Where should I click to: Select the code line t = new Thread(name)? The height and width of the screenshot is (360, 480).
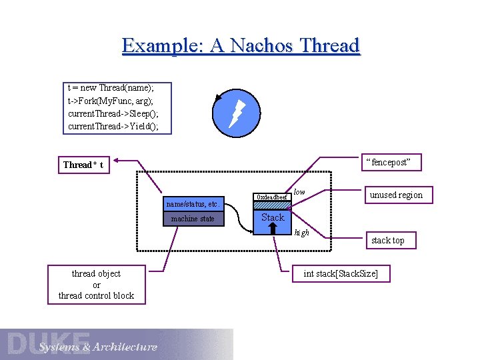tap(110, 88)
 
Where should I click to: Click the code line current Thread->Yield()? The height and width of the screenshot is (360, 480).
tap(113, 126)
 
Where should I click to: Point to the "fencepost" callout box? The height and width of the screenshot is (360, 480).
tap(391, 162)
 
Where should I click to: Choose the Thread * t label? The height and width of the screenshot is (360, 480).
tap(83, 165)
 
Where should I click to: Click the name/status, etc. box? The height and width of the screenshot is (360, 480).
tap(192, 203)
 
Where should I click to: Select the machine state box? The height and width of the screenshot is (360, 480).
tap(192, 219)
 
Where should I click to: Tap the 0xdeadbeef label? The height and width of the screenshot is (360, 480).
tap(273, 197)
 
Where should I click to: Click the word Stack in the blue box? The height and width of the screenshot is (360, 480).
tap(273, 217)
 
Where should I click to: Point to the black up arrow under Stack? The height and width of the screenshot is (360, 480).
tap(273, 228)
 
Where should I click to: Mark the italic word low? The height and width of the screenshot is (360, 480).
tap(299, 192)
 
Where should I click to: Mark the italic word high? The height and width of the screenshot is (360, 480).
tap(301, 233)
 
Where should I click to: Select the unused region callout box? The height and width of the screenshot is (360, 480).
tap(396, 195)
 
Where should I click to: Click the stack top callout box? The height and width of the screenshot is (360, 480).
tap(387, 240)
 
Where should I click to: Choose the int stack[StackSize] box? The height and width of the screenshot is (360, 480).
tap(340, 273)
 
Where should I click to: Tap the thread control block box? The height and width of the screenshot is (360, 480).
tap(96, 285)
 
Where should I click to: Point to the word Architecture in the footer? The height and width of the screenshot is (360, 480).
tap(125, 347)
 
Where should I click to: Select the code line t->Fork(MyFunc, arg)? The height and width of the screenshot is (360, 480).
tap(110, 101)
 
